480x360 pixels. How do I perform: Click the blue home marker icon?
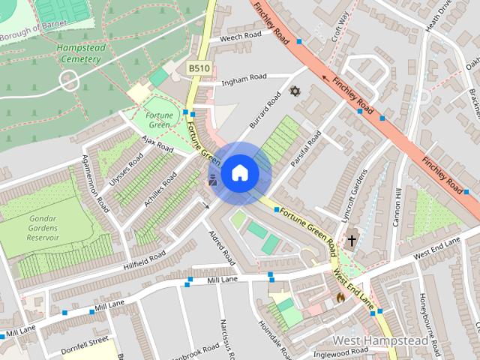[238, 173]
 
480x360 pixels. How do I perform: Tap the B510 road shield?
[199, 69]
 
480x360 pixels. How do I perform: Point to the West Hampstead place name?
[380, 341]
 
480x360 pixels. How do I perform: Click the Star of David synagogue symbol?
[295, 91]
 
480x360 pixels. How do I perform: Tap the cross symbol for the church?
[351, 240]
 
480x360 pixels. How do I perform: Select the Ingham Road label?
[242, 77]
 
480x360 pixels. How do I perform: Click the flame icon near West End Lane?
[340, 297]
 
